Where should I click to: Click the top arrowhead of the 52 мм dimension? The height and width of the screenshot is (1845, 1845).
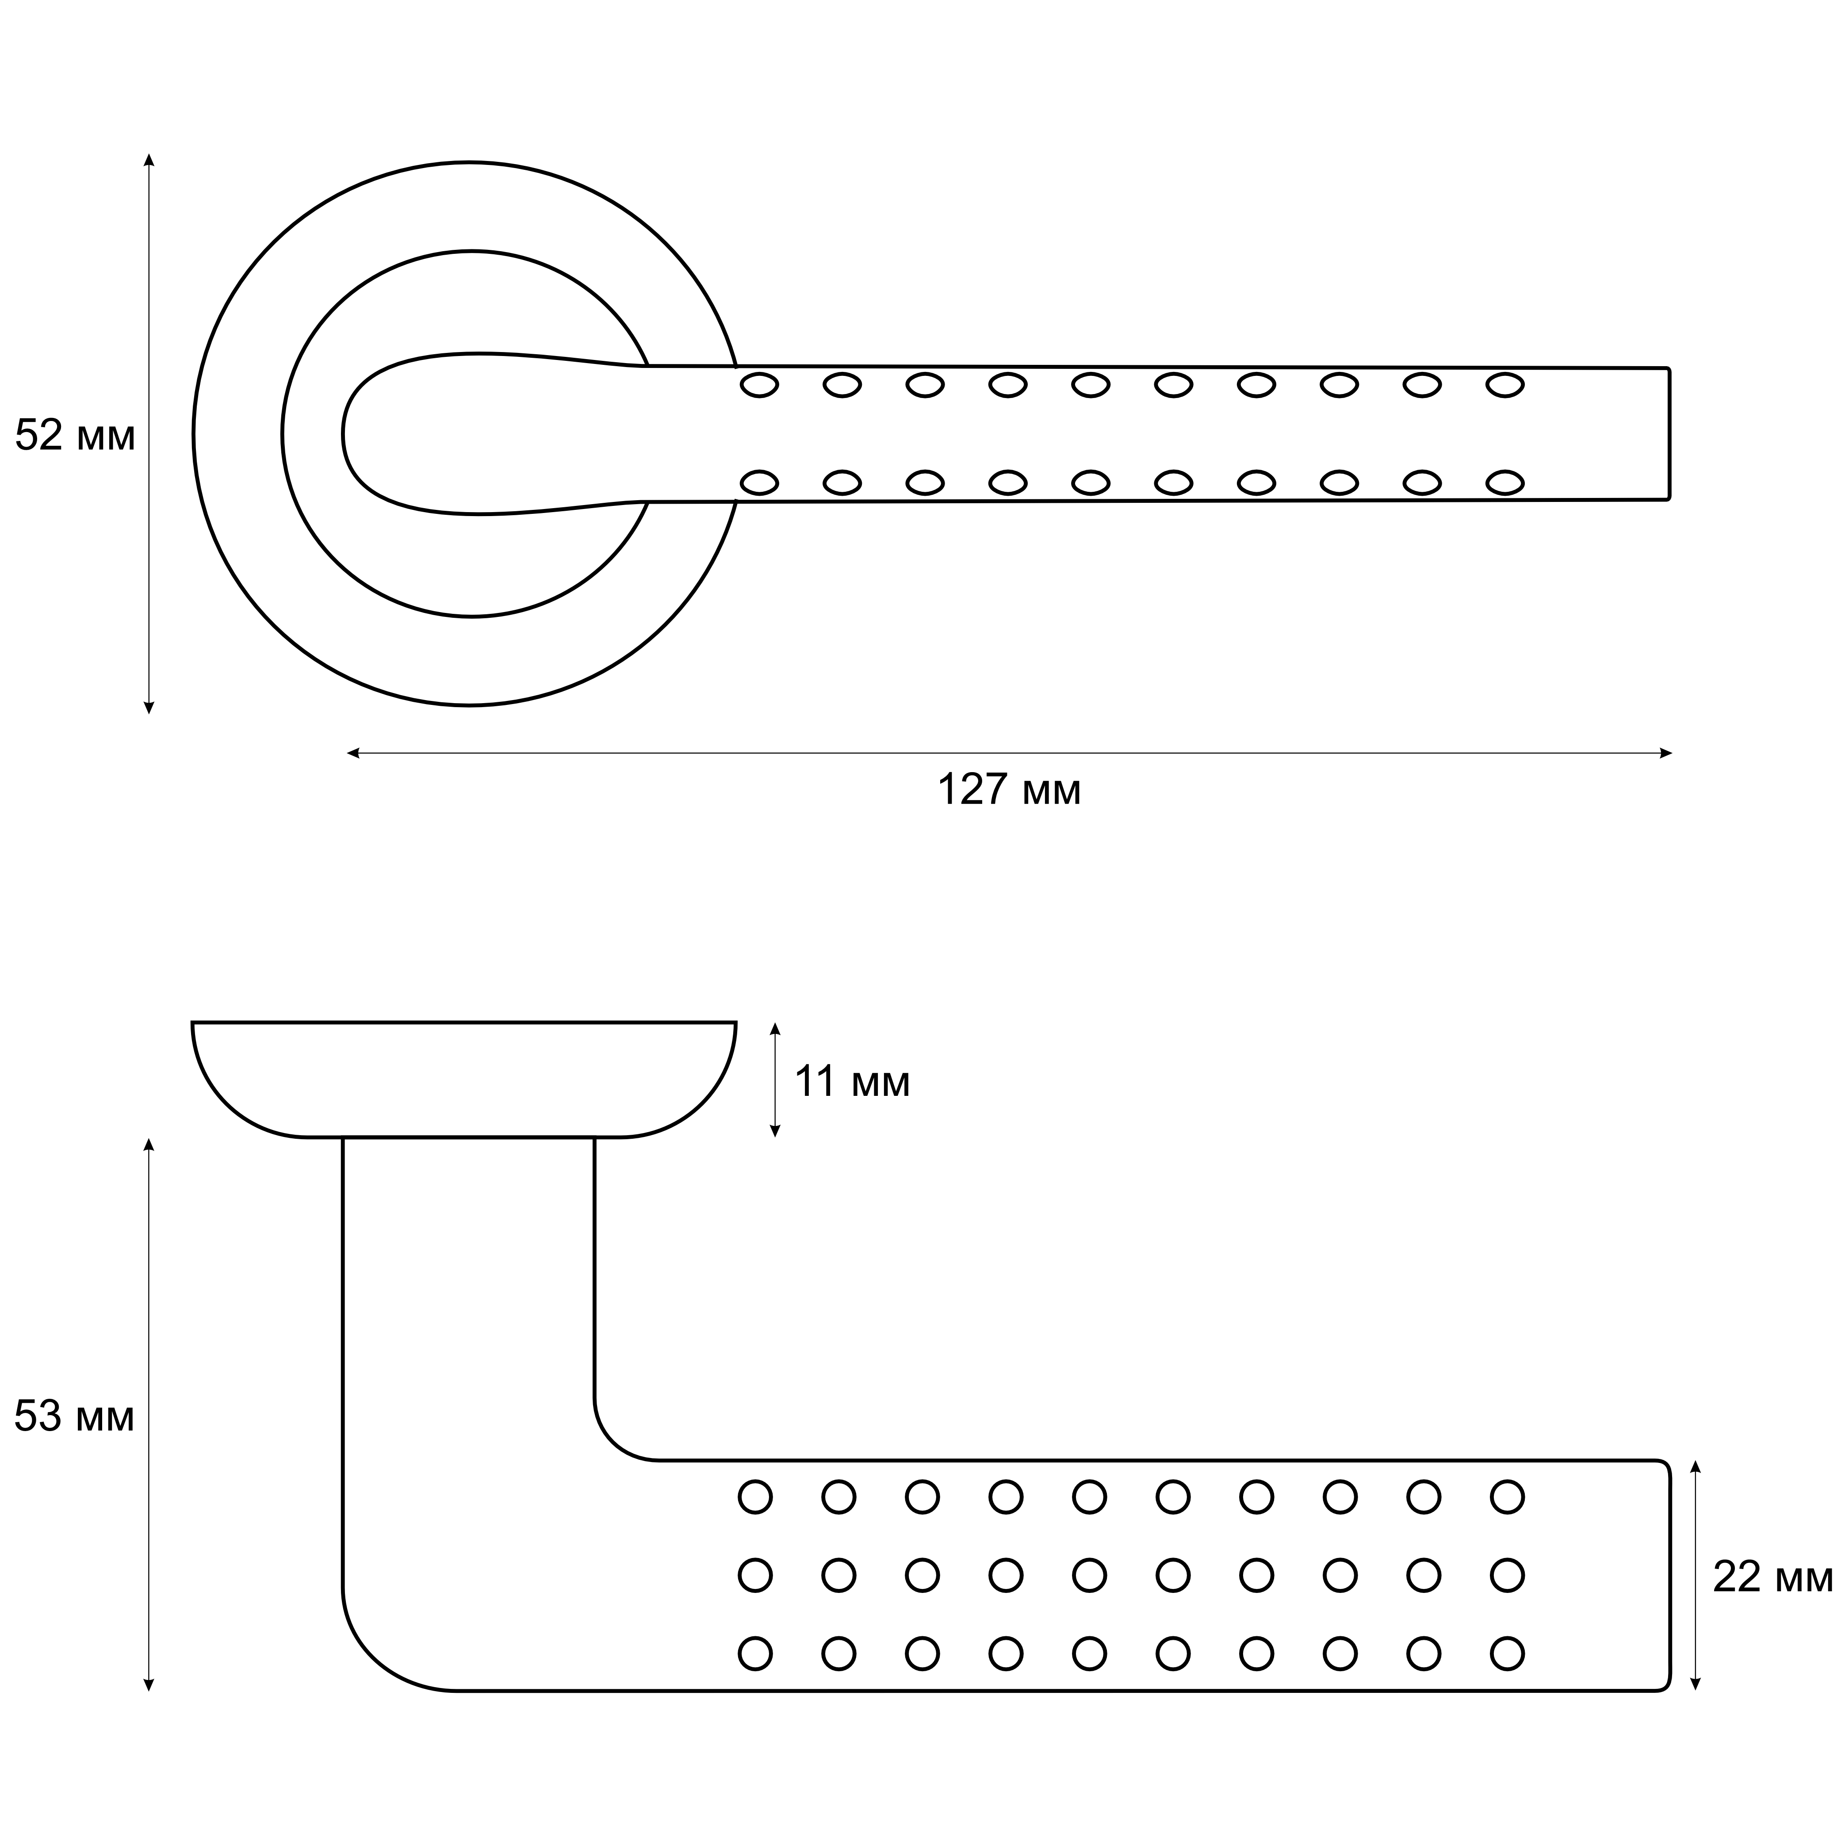click(x=149, y=160)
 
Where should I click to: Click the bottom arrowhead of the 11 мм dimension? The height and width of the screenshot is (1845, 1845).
click(x=775, y=1131)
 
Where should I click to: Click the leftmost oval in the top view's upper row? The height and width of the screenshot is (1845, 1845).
click(x=759, y=386)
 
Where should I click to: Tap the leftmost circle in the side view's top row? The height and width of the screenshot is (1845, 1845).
click(x=755, y=1497)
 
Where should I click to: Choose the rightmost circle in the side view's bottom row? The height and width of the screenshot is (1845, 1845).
click(x=1507, y=1653)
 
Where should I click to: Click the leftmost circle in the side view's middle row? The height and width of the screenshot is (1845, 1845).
click(x=755, y=1575)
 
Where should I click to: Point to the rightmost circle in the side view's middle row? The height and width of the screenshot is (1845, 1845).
click(x=1507, y=1575)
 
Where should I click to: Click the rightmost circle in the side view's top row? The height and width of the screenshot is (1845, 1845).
click(x=1507, y=1497)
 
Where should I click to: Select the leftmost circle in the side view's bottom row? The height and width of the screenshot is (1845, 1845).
click(x=755, y=1653)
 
